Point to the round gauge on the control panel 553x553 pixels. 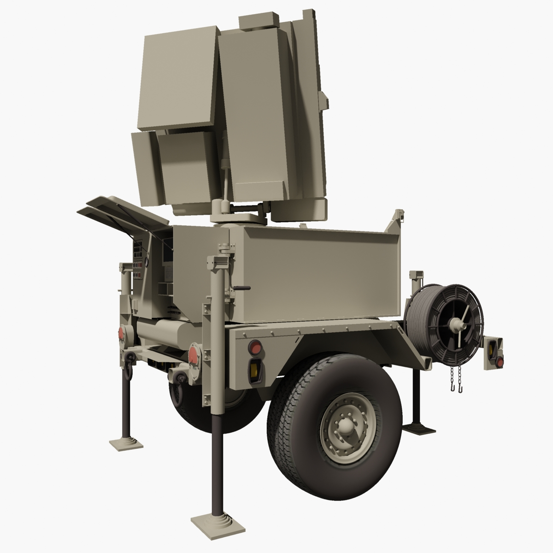point(147,262)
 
